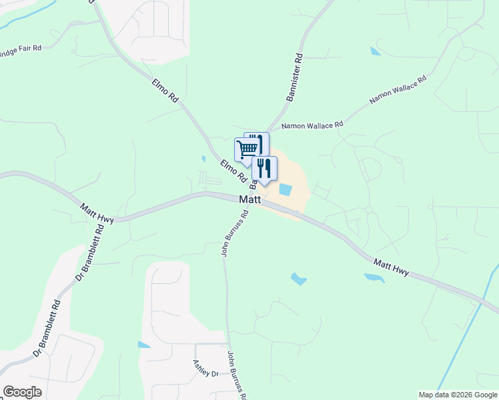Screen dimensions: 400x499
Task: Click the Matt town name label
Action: click(x=249, y=199)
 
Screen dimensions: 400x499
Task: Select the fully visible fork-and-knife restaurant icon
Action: click(x=264, y=169)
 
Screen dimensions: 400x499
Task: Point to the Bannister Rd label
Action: click(x=294, y=77)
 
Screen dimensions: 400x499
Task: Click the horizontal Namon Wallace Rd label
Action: click(x=312, y=125)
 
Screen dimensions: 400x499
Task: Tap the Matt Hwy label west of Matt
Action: click(x=97, y=213)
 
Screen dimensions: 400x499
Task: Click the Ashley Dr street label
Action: click(x=205, y=369)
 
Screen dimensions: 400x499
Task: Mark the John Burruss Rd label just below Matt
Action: click(x=235, y=234)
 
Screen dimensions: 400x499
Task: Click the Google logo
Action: click(x=22, y=392)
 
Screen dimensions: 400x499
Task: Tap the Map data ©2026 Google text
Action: click(x=457, y=395)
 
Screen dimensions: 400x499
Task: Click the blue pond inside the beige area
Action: click(x=285, y=189)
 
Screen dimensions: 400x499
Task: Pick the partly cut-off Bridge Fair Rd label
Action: click(x=20, y=51)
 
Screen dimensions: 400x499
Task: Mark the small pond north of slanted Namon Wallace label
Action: click(x=376, y=51)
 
